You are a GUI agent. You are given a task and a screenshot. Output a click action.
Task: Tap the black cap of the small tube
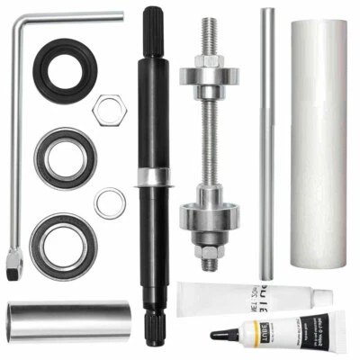[x=223, y=334]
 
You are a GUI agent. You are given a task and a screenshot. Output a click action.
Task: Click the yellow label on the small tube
[x=260, y=325]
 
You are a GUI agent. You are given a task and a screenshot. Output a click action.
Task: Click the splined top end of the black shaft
[x=151, y=22]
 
